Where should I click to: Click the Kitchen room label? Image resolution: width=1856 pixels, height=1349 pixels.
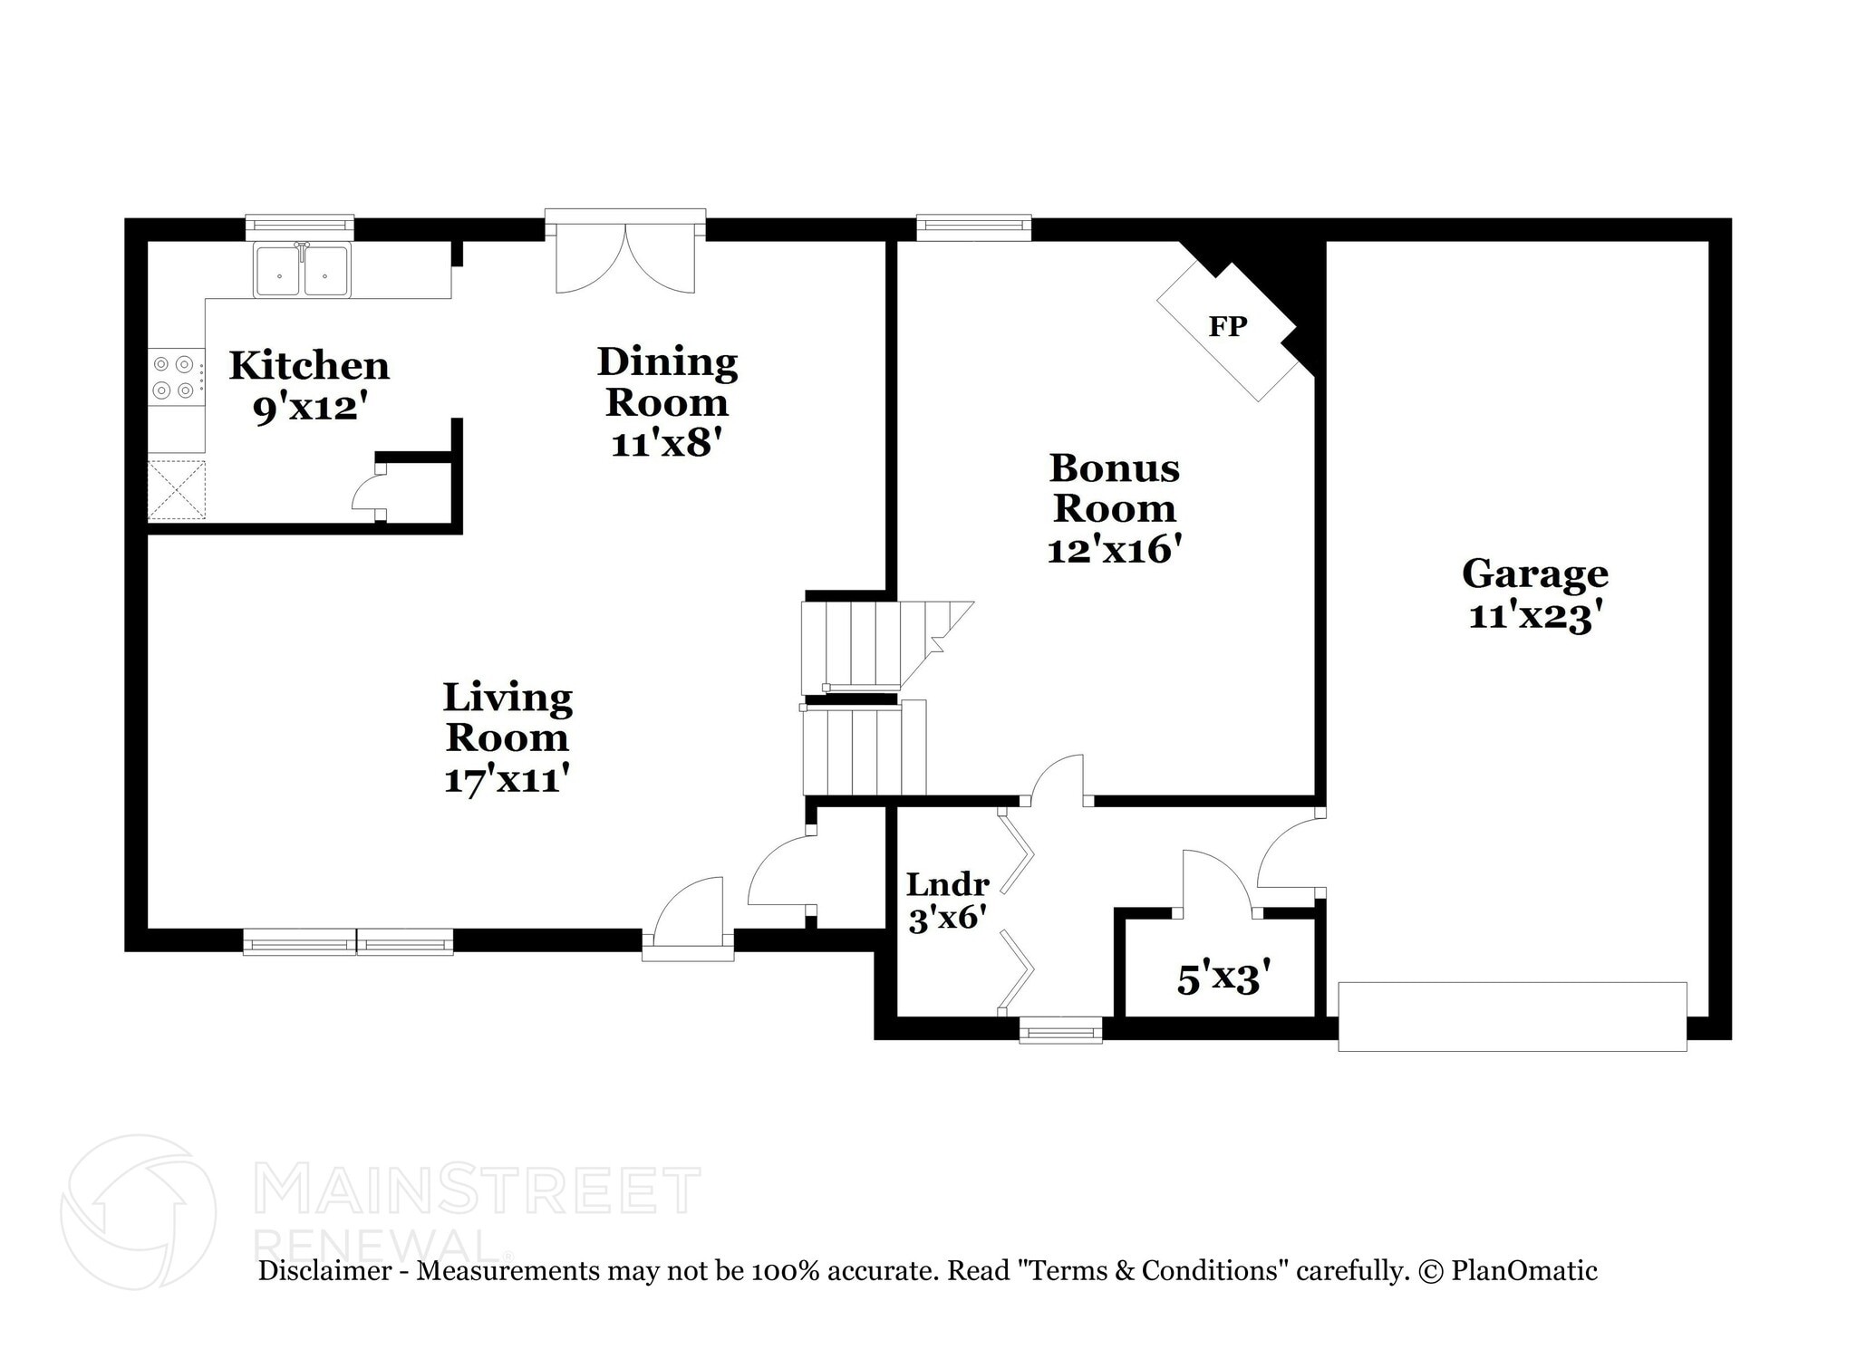(309, 366)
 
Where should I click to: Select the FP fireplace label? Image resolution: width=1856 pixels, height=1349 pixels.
(1227, 326)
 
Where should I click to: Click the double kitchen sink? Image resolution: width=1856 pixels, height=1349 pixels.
(302, 270)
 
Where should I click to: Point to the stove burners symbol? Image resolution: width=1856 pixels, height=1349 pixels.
(174, 377)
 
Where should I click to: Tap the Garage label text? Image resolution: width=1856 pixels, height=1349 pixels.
(1534, 574)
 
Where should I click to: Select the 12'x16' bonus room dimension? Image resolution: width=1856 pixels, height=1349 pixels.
(1114, 550)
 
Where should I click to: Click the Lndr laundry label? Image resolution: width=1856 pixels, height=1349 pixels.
(947, 883)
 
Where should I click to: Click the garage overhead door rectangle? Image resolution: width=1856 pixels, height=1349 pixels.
(1512, 1017)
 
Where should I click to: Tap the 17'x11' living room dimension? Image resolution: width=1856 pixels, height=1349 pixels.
(507, 779)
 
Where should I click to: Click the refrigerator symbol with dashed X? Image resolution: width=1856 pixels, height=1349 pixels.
(177, 490)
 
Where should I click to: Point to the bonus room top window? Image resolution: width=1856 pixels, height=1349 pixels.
(973, 226)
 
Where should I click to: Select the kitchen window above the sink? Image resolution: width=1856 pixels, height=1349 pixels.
(300, 226)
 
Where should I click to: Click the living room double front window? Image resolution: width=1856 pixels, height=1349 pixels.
(348, 943)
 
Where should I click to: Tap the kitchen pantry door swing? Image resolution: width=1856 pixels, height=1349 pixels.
(367, 494)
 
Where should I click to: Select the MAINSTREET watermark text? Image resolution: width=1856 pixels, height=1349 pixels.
(478, 1191)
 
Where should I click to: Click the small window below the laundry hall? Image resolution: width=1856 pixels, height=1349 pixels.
(1060, 1030)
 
